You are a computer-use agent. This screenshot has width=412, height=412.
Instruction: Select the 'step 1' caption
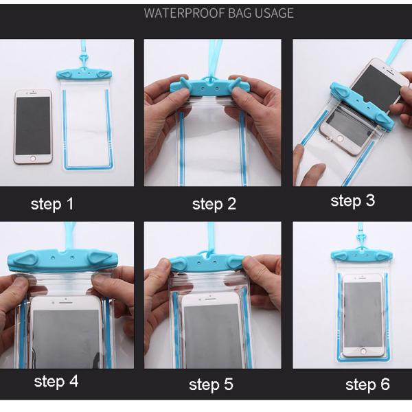click(x=52, y=204)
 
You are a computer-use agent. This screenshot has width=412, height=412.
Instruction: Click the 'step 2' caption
click(x=214, y=204)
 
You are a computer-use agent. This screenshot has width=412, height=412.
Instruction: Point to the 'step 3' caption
click(x=353, y=201)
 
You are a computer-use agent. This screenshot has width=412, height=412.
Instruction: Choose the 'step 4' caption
click(x=56, y=382)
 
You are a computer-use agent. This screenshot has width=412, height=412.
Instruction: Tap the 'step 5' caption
click(x=211, y=385)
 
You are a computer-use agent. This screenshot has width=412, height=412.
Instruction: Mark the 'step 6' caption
click(x=367, y=385)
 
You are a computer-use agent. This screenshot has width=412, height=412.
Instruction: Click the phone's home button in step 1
click(x=33, y=159)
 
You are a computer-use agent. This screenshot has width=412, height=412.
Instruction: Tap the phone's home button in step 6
click(x=363, y=351)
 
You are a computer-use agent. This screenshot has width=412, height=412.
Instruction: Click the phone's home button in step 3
click(x=340, y=139)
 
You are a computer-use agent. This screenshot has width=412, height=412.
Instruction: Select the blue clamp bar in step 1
click(x=84, y=75)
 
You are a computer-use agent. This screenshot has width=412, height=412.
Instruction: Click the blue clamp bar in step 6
click(x=362, y=254)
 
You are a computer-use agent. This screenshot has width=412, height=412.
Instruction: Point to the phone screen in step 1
click(x=33, y=126)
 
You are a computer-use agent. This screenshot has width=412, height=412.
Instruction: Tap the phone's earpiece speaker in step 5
click(x=211, y=299)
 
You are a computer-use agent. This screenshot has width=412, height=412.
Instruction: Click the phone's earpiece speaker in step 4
click(x=66, y=302)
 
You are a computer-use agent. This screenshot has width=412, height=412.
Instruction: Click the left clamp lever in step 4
click(x=27, y=259)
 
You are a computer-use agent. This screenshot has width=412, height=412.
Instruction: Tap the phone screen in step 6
click(x=363, y=314)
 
